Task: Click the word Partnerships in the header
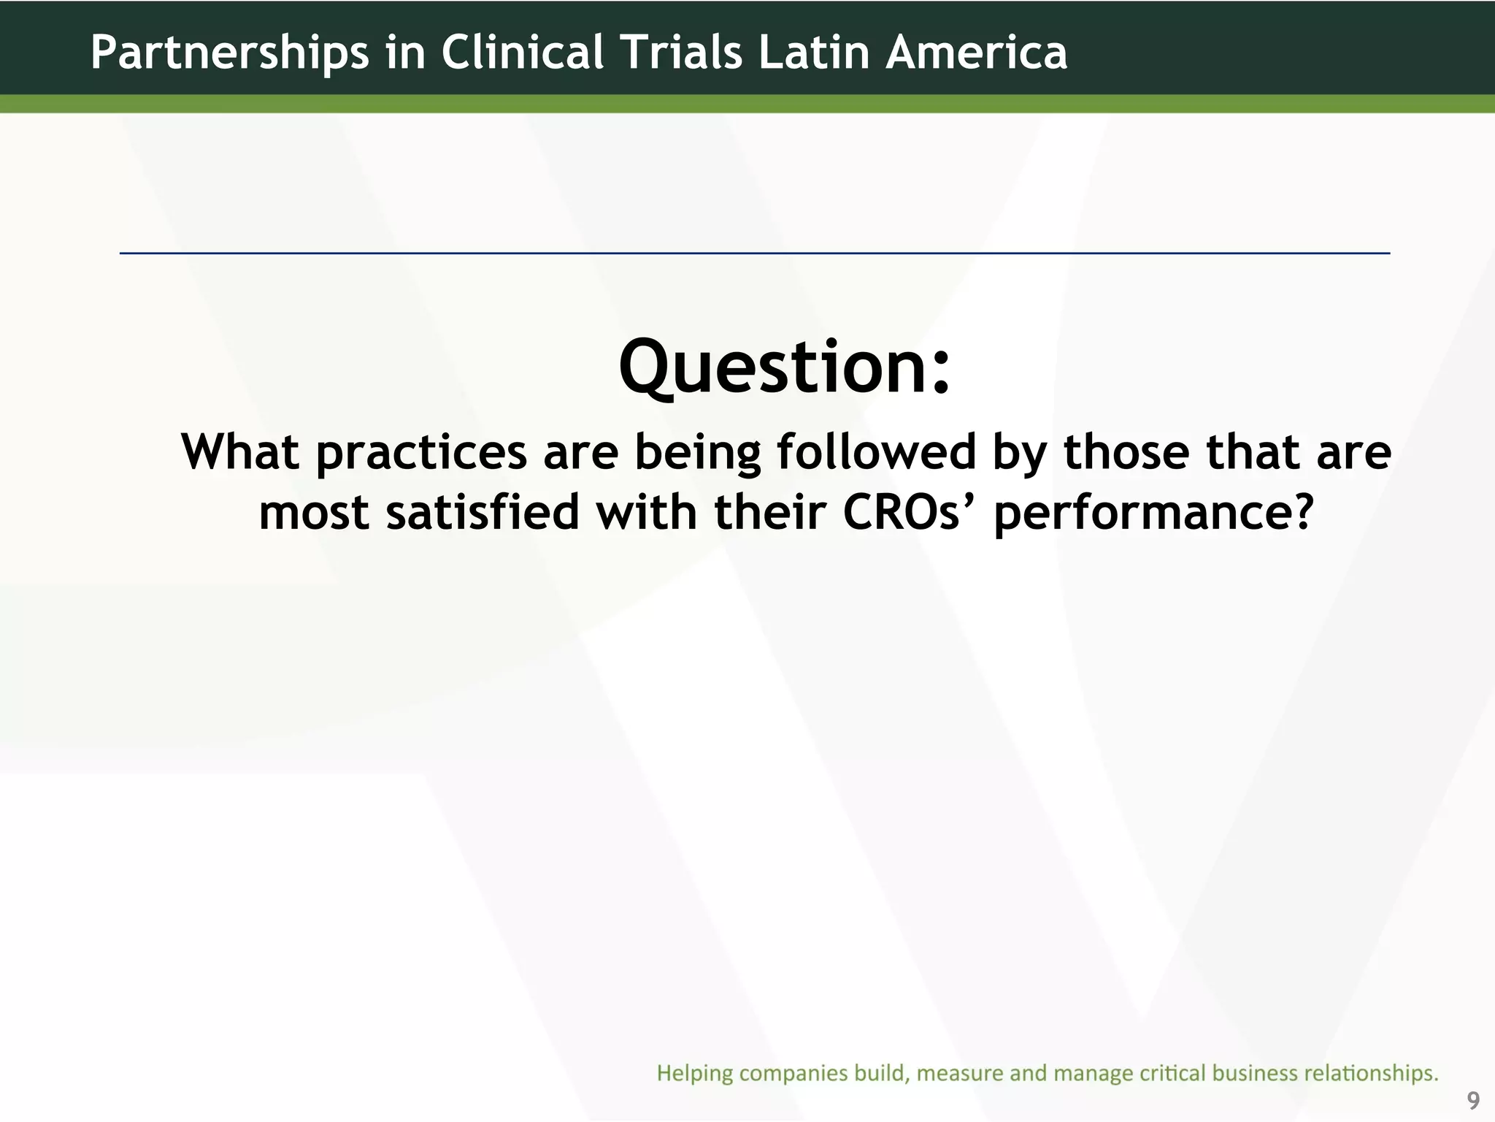tap(229, 53)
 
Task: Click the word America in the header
tap(976, 53)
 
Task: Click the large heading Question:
tap(785, 367)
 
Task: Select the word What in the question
tap(240, 452)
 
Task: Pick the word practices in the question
tap(421, 454)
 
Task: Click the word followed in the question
tap(876, 452)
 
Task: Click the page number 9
tap(1473, 1100)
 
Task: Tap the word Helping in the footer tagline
tap(694, 1073)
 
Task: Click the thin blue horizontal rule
tap(755, 253)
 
